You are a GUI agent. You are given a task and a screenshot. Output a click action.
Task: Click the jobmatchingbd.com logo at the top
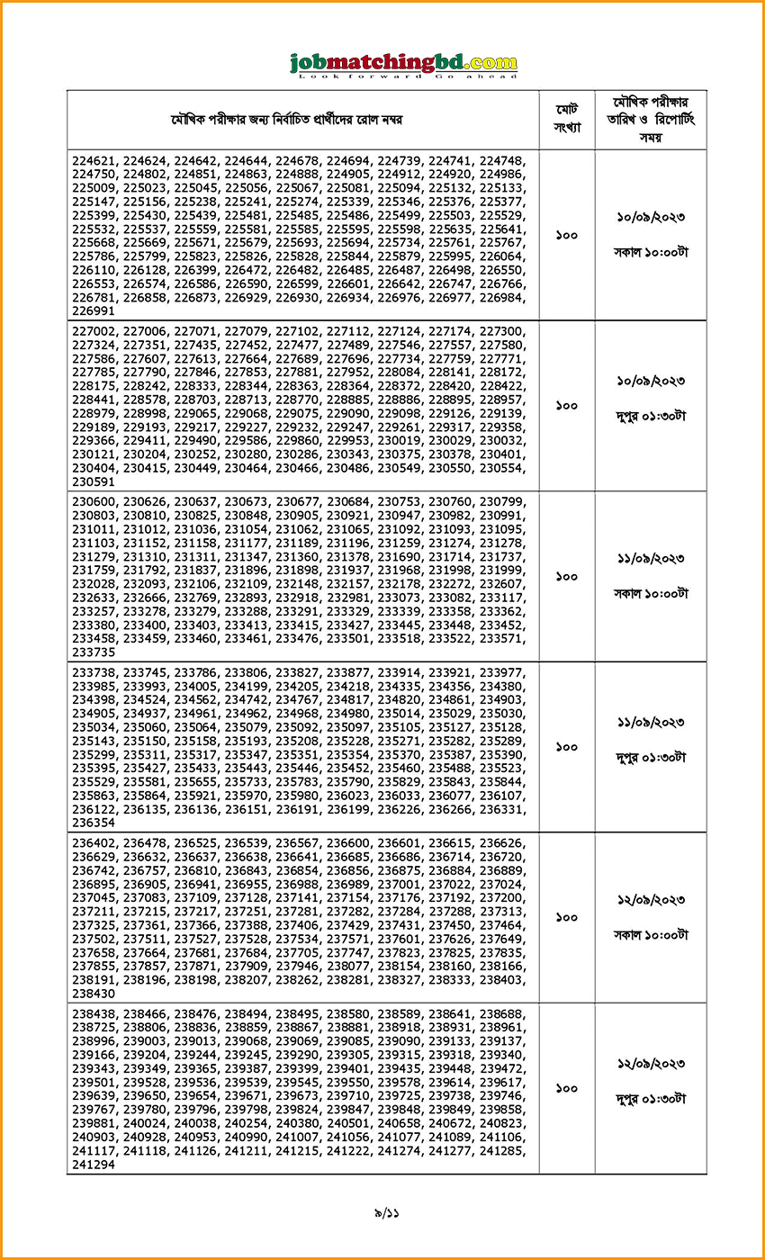403,65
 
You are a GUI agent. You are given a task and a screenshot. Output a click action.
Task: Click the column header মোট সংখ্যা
567,119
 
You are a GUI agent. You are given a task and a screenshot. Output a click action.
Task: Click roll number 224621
94,159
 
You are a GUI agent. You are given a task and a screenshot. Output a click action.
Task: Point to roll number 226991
94,310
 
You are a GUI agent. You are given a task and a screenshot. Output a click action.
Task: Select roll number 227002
94,330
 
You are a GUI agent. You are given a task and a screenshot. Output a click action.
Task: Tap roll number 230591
94,481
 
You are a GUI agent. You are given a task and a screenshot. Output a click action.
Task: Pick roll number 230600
94,501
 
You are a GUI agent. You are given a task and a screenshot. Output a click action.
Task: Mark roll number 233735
94,652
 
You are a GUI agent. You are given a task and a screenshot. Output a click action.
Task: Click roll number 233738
94,671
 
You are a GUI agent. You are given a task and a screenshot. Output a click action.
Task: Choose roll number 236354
94,823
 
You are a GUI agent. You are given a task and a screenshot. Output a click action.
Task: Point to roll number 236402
94,842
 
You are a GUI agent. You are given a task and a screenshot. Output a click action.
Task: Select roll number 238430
94,994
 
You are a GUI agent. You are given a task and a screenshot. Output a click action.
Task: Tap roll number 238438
94,1013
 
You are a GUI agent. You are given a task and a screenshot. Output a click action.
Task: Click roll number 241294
94,1165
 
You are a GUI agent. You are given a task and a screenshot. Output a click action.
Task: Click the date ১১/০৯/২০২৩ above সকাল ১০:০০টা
651,559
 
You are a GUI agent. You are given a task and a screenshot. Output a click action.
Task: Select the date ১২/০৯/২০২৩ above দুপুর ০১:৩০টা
651,1064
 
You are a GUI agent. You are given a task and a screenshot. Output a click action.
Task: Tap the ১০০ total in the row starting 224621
567,235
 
